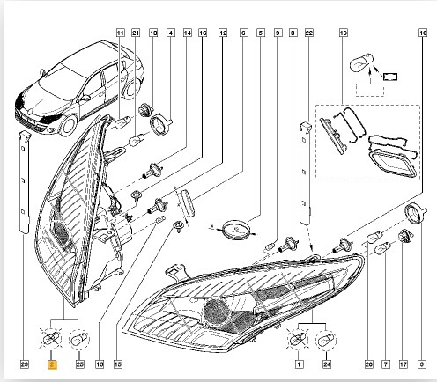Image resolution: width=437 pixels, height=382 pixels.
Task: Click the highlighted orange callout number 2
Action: [x=52, y=364]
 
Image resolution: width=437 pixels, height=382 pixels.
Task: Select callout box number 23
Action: [x=25, y=364]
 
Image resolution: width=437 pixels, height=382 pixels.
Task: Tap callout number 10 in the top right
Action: [x=423, y=33]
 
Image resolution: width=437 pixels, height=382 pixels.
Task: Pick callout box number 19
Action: [x=343, y=33]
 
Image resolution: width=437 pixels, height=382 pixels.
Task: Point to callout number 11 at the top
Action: [x=121, y=33]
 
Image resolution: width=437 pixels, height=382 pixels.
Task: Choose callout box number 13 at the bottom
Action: [x=100, y=364]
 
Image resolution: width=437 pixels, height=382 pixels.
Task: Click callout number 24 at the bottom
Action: [x=327, y=364]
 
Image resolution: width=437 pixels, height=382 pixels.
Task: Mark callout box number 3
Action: [x=422, y=364]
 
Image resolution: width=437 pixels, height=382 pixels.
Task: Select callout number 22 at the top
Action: [x=308, y=33]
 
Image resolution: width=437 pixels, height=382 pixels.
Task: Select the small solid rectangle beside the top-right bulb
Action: [x=391, y=77]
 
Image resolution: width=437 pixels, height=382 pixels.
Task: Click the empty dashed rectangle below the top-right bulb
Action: [x=370, y=90]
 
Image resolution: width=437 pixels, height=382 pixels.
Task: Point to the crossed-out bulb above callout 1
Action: [x=298, y=341]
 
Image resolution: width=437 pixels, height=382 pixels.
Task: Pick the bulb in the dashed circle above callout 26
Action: [x=79, y=340]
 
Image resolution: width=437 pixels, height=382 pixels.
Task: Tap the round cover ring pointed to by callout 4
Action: [x=160, y=125]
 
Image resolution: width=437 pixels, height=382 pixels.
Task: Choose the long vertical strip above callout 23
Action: [x=25, y=182]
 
